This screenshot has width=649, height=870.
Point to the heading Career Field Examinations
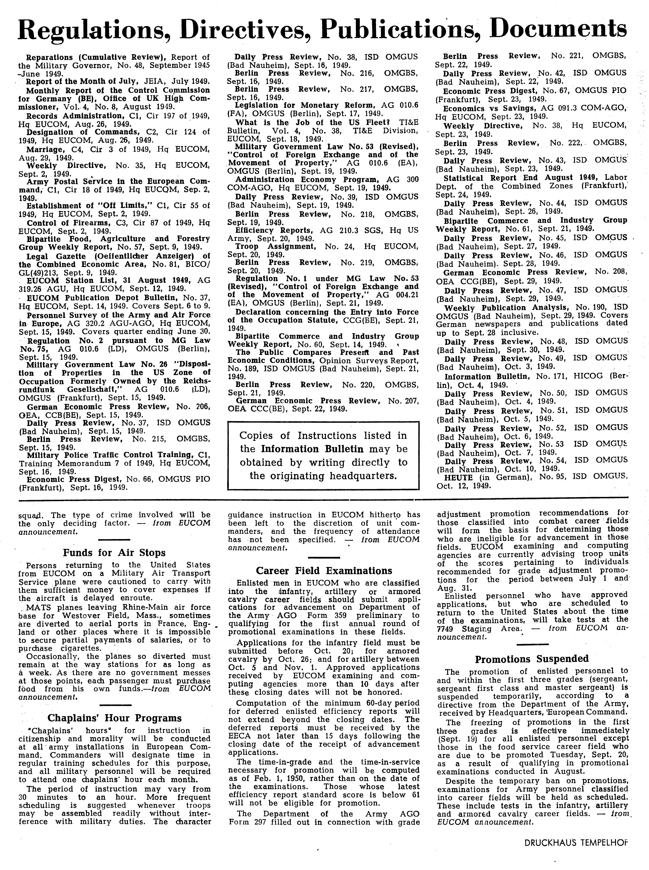[x=324, y=571]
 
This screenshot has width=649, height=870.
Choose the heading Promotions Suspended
[x=532, y=659]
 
